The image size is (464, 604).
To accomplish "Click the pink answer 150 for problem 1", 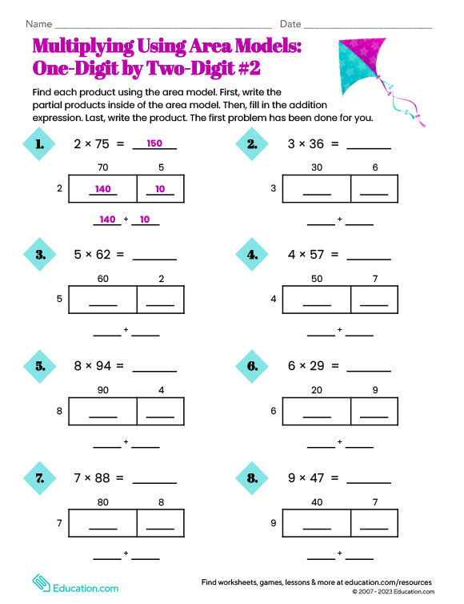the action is pyautogui.click(x=154, y=144).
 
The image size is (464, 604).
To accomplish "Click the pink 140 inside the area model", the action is pyautogui.click(x=102, y=189).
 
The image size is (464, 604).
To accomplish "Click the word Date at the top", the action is pyautogui.click(x=290, y=25).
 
